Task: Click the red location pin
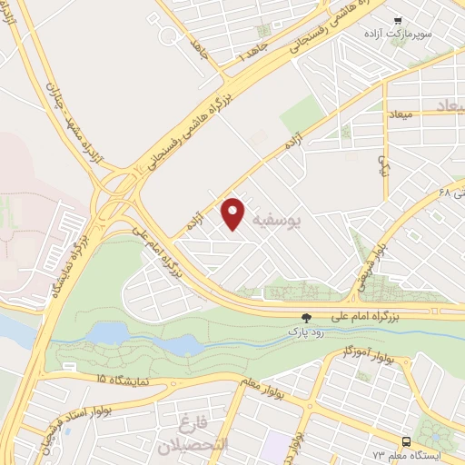[233, 213]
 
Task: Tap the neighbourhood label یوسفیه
[300, 220]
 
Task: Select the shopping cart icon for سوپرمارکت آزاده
[398, 20]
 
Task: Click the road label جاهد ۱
[250, 48]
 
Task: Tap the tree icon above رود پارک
[306, 318]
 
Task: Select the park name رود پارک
[306, 332]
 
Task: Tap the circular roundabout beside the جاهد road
[170, 36]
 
